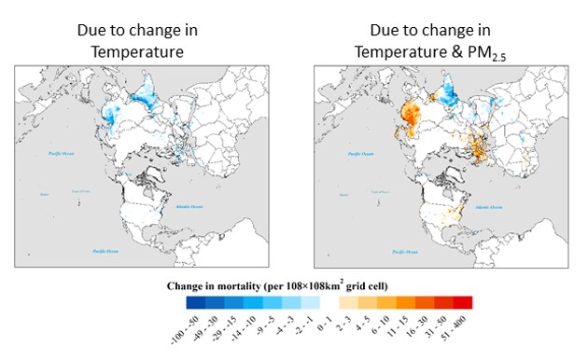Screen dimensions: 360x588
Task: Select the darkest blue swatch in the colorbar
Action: point(194,303)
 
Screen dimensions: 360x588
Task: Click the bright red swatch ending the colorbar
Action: point(463,303)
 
